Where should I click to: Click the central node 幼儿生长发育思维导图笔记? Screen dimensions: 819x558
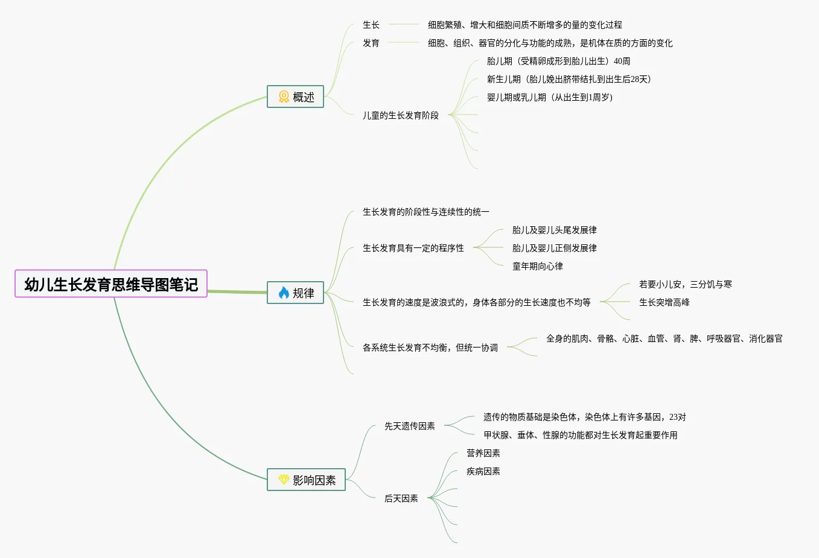tap(111, 284)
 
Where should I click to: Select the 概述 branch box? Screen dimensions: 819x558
tap(295, 97)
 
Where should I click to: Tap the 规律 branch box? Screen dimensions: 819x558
tap(295, 293)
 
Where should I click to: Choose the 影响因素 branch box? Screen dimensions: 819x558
tap(306, 480)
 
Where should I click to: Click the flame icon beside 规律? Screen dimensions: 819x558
tap(284, 293)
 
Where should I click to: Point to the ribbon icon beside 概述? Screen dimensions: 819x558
tap(284, 97)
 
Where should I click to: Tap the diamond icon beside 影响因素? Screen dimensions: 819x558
tap(284, 480)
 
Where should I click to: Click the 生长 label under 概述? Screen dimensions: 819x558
tap(371, 25)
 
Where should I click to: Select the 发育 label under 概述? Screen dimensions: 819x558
tap(371, 43)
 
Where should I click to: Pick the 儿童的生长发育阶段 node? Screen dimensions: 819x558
tap(401, 115)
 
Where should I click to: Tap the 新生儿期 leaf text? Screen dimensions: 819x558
tap(569, 79)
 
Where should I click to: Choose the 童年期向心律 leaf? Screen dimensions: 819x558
tap(538, 266)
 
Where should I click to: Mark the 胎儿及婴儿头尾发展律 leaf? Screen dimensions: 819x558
tap(554, 230)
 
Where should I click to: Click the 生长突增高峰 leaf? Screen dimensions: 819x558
tap(664, 302)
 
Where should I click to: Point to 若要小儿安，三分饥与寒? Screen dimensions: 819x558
tap(685, 284)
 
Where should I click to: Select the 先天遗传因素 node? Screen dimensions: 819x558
tap(410, 426)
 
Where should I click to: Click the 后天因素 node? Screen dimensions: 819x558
tap(401, 498)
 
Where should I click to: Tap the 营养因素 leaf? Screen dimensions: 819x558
tap(483, 453)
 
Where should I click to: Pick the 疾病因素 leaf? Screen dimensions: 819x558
tap(483, 471)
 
